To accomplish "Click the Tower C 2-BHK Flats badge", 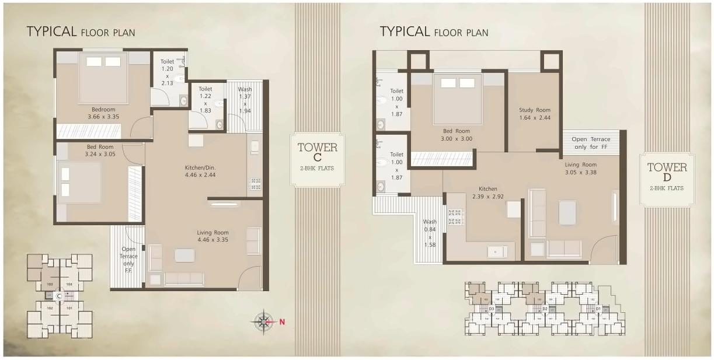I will (318, 160).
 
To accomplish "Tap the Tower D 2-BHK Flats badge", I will (667, 180).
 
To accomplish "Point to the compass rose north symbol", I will (264, 321).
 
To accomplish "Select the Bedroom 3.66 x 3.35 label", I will (103, 113).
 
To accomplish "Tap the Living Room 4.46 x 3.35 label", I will (213, 236).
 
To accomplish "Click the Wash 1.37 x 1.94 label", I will (245, 100).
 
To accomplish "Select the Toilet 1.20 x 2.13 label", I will (167, 72).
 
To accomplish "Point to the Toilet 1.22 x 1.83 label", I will (205, 100).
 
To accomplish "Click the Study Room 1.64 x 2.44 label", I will (535, 114).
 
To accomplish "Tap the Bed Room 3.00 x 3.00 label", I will (456, 135).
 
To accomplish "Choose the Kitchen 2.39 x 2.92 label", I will (487, 193).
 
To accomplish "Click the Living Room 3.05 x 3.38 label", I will (580, 169).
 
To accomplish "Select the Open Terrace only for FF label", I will (591, 142).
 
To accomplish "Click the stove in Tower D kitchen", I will (455, 217).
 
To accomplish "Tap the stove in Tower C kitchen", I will (255, 185).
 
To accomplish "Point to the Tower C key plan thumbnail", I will (59, 296).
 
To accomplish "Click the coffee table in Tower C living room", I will (184, 256).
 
